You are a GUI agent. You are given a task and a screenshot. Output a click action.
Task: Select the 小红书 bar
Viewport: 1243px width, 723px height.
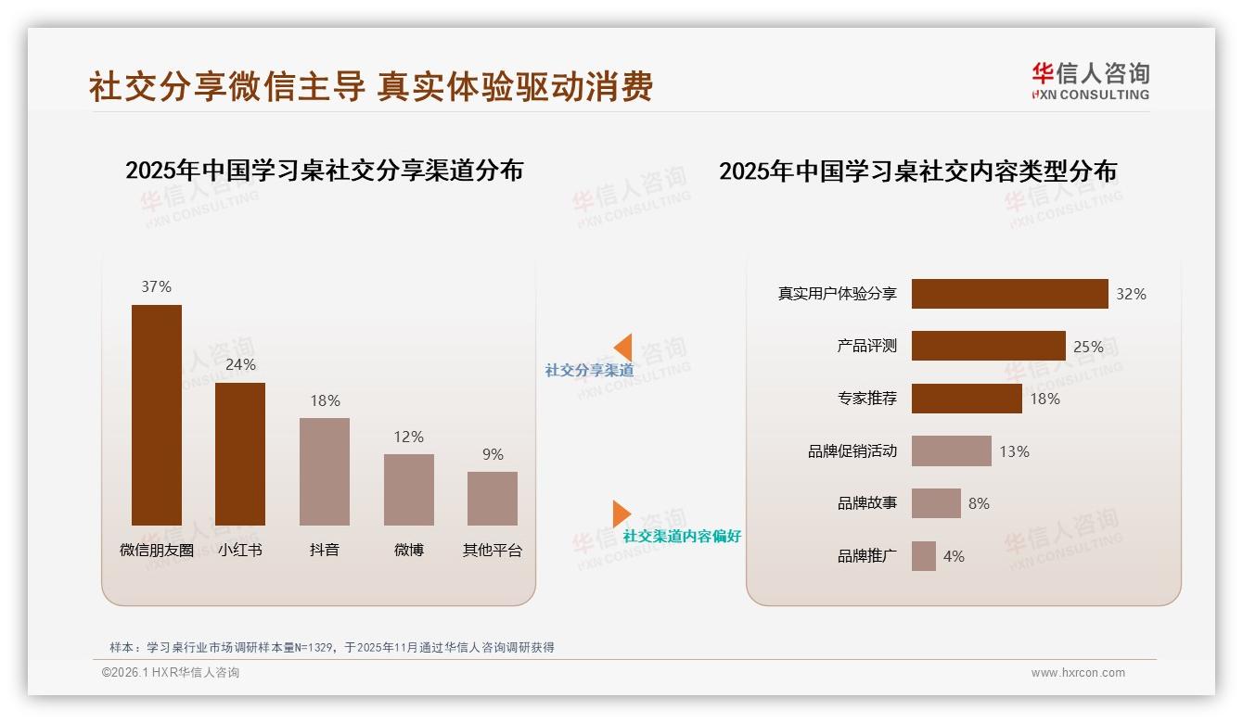point(240,453)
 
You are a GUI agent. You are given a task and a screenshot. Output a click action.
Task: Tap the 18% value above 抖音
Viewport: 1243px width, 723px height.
point(325,400)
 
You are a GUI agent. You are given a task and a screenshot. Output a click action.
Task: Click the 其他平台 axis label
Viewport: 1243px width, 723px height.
point(493,550)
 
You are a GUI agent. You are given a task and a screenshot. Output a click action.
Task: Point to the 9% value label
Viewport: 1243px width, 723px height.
point(493,454)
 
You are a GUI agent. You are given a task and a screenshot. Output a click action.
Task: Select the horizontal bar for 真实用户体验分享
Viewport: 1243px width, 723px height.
point(1009,294)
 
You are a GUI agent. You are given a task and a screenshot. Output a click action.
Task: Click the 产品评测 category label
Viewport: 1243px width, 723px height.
point(866,346)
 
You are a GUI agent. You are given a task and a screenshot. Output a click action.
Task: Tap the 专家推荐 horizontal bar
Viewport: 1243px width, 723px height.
point(967,399)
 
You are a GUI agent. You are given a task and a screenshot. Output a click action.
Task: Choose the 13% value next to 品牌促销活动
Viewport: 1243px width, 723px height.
point(1014,451)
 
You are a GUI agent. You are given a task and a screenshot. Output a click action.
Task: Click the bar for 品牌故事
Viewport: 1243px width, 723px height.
point(936,503)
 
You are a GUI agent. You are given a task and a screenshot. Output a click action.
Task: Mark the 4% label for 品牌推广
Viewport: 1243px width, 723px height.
point(954,556)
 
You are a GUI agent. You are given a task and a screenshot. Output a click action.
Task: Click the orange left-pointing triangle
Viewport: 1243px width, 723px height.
point(622,348)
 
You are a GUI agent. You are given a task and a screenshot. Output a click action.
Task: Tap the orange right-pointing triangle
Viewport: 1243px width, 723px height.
point(621,514)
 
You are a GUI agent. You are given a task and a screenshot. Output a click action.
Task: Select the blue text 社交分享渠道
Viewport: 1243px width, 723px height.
point(589,371)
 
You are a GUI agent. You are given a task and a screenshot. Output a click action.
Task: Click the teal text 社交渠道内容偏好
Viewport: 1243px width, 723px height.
point(682,537)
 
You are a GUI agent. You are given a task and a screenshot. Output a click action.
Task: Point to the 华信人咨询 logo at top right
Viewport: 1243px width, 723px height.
point(1090,81)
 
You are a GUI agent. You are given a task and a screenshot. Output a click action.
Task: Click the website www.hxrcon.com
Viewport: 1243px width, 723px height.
point(1078,673)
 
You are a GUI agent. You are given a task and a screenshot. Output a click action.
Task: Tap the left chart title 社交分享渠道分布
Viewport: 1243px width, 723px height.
point(324,171)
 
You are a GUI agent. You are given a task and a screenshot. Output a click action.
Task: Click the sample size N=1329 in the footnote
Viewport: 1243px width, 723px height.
point(313,648)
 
